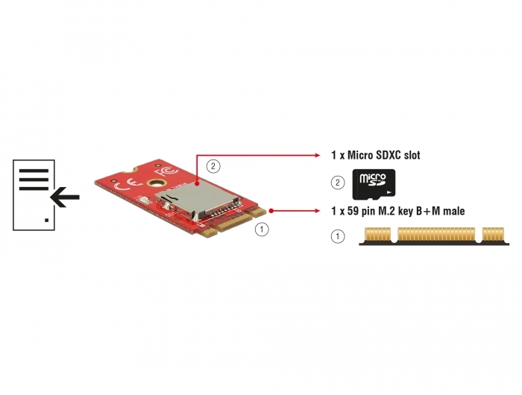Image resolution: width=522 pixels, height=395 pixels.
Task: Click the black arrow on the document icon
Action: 65,197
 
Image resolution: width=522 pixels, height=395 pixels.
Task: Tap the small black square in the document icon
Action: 46,220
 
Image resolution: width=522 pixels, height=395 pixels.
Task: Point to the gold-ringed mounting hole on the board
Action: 157,183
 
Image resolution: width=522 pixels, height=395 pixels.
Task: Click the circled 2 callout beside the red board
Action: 213,166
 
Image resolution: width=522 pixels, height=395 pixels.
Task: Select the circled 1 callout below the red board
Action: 262,230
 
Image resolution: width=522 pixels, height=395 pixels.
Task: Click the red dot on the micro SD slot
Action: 197,183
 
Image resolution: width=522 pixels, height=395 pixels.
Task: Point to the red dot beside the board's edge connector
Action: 271,211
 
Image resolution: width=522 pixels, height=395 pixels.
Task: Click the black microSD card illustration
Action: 374,184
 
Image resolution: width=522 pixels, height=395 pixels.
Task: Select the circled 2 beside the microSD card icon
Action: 338,183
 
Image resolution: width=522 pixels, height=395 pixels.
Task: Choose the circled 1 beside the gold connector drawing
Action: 338,236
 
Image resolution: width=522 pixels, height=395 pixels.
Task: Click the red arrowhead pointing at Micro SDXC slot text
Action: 317,155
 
